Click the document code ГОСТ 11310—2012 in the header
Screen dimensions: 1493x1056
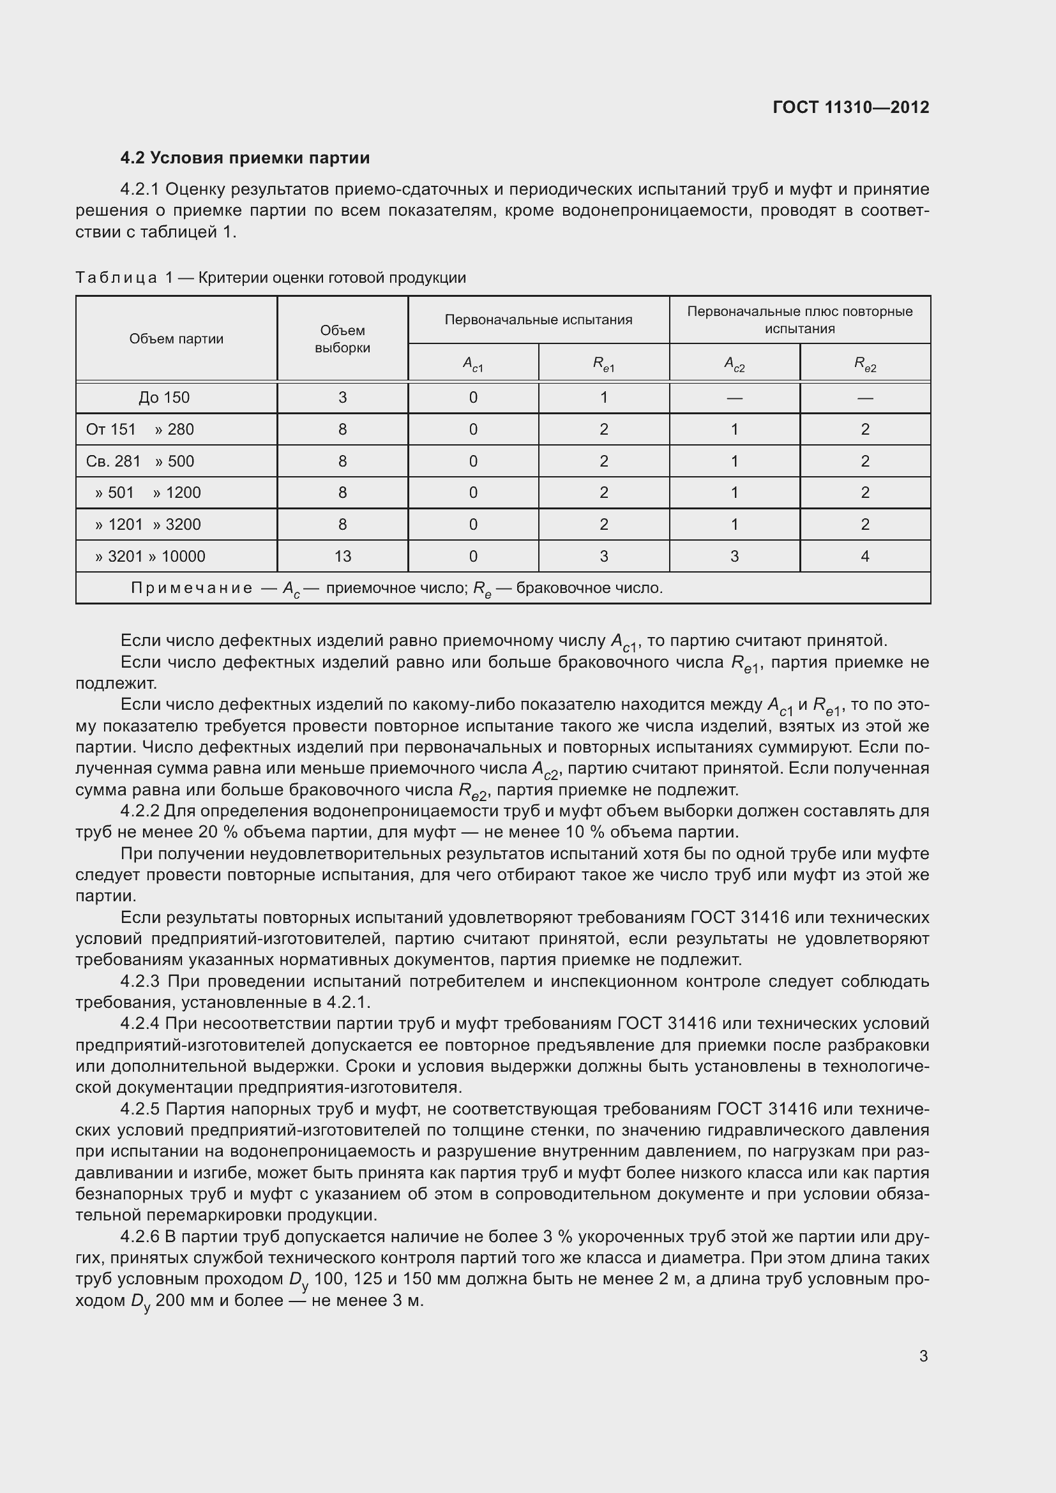pos(850,107)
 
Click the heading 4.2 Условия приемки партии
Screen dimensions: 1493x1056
pos(245,158)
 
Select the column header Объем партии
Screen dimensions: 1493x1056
pos(176,339)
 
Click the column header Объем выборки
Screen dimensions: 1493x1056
pos(342,339)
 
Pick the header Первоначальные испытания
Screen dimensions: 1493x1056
pos(538,320)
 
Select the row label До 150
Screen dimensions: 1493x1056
pos(164,397)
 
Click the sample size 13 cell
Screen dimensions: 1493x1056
pos(342,556)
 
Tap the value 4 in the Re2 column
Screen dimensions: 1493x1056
pos(864,556)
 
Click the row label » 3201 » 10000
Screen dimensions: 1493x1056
pos(149,557)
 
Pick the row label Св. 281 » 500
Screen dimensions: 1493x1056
pos(140,461)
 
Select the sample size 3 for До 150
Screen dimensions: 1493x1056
pos(342,397)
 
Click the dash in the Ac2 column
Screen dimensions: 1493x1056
pos(734,397)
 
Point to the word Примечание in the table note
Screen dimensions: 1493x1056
pos(191,589)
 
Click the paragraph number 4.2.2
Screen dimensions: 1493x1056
pos(140,811)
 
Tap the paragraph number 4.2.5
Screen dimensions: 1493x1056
pos(140,1109)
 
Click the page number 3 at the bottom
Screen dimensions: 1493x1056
pos(923,1356)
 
